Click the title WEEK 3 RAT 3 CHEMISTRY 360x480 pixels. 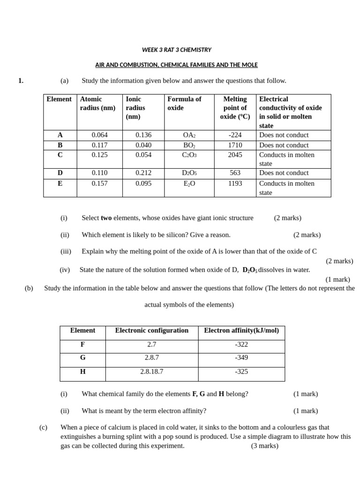(x=176, y=50)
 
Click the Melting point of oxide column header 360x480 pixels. (x=235, y=107)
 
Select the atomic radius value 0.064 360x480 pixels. (x=99, y=135)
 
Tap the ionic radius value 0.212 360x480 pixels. (x=143, y=173)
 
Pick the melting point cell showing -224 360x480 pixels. (x=235, y=135)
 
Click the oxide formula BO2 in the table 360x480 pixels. (x=189, y=145)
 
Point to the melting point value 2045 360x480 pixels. (x=235, y=155)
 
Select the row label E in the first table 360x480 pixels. (x=60, y=184)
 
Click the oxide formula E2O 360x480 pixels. (x=189, y=184)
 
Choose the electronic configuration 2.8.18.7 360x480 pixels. (x=151, y=372)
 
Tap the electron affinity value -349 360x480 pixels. (x=241, y=358)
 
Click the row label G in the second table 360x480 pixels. (x=82, y=358)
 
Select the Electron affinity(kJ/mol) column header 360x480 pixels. (x=241, y=330)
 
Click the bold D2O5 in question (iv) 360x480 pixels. (x=249, y=270)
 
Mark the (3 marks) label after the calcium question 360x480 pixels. (x=264, y=446)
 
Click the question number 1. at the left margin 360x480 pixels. (x=21, y=81)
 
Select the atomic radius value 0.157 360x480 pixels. (x=99, y=184)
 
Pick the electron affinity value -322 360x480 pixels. (x=241, y=345)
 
